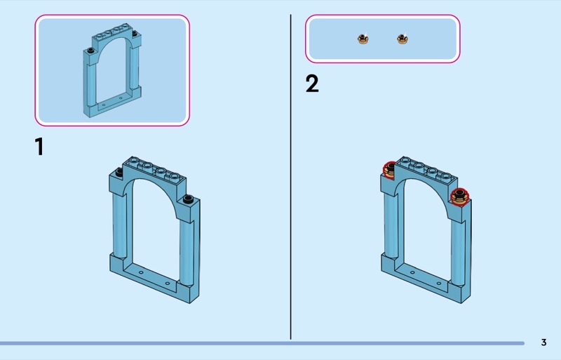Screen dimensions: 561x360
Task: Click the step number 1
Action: tap(39, 147)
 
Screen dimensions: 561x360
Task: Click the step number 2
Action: tap(312, 84)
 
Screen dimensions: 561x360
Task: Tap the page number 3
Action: tap(544, 342)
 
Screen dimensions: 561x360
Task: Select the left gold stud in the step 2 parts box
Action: tap(363, 39)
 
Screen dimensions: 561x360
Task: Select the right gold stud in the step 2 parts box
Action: tap(403, 39)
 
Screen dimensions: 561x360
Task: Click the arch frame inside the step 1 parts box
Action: tap(90, 82)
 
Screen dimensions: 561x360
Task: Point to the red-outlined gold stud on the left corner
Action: tap(389, 170)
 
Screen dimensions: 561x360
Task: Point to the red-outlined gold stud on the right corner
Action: tap(460, 196)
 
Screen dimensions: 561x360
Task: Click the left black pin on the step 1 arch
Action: tap(119, 173)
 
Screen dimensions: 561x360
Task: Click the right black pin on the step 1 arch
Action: tap(188, 199)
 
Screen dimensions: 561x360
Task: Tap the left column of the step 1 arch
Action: tap(120, 226)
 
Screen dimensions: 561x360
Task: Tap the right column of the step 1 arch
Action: tap(187, 253)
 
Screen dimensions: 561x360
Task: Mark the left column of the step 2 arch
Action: tap(391, 226)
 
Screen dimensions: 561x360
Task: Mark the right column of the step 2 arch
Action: tap(458, 253)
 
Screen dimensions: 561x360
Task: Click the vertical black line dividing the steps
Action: tap(290, 177)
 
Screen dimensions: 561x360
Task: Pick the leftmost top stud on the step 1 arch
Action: tap(135, 160)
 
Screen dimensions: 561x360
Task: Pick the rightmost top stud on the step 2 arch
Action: tap(446, 176)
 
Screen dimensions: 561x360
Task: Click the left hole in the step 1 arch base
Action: tap(141, 272)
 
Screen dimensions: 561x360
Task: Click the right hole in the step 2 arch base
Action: tap(439, 284)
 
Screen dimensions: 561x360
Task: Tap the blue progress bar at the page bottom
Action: tap(262, 343)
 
